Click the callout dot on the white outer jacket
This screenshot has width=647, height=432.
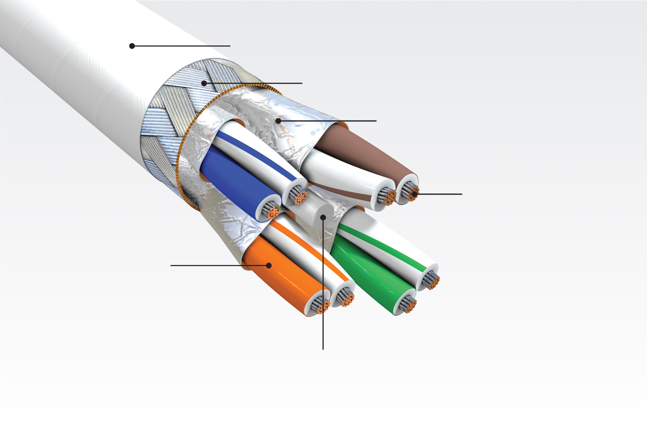(132, 46)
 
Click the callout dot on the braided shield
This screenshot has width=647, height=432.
(204, 83)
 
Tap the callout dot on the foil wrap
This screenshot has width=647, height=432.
(278, 121)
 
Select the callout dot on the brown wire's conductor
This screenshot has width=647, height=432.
(414, 194)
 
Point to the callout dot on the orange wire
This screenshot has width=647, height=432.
(269, 265)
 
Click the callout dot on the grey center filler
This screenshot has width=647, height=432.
(323, 218)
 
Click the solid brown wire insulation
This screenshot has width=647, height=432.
(366, 154)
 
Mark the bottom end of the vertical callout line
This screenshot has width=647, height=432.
(323, 349)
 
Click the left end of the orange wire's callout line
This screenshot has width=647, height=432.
(171, 265)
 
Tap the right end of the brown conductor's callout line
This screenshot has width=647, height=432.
(462, 194)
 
